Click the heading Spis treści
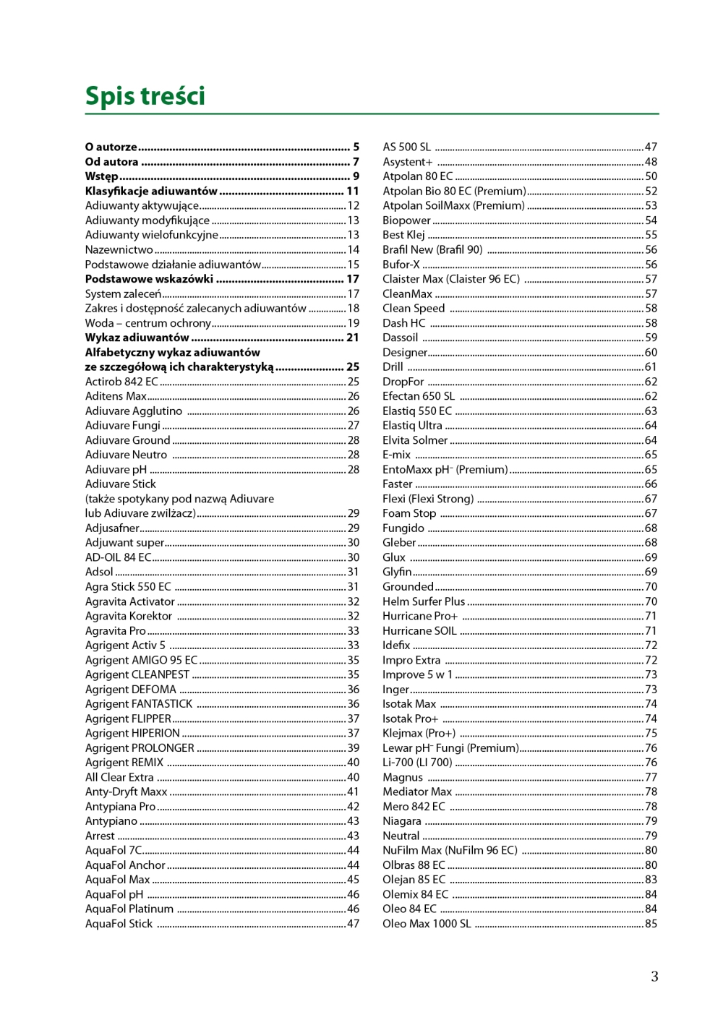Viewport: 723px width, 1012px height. (x=145, y=96)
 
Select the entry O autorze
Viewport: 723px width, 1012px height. (x=111, y=147)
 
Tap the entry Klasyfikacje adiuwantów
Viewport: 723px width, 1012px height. (x=151, y=191)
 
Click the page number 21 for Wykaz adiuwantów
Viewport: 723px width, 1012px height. (x=353, y=338)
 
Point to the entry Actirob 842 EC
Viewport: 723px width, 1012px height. (x=121, y=382)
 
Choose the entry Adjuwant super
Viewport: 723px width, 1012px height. (x=125, y=543)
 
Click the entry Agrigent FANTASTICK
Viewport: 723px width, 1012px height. (x=139, y=704)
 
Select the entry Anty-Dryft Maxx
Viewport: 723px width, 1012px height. (x=127, y=792)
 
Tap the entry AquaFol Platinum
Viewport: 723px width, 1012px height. (x=129, y=909)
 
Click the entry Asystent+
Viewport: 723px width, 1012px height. (x=407, y=162)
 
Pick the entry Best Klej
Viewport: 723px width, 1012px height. (x=403, y=235)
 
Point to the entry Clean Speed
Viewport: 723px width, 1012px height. (x=414, y=308)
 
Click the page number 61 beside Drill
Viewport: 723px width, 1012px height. (x=651, y=366)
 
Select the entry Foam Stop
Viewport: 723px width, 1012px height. (x=409, y=513)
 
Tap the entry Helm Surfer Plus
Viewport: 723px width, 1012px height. (x=424, y=601)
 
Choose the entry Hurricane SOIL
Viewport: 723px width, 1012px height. (x=419, y=630)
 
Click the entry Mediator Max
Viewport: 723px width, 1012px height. (x=417, y=792)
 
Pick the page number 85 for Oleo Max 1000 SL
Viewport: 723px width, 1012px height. (x=651, y=924)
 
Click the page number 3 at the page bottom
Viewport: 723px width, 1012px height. (x=654, y=977)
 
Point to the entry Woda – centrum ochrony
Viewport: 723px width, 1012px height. (x=148, y=323)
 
